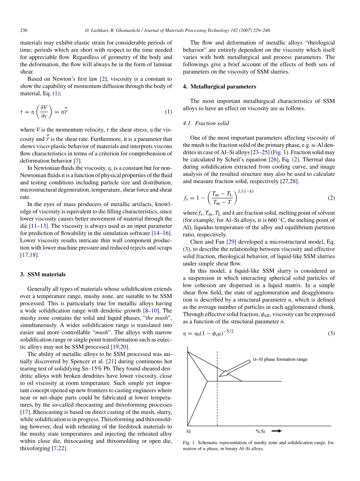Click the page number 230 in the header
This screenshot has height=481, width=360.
(x=24, y=30)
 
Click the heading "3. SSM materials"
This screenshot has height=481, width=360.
(x=42, y=274)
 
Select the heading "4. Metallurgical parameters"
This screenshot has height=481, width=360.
(x=220, y=86)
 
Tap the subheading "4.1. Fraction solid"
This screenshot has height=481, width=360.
(x=206, y=123)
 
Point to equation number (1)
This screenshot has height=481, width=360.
(x=168, y=112)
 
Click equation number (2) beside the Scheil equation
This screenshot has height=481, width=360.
(x=331, y=197)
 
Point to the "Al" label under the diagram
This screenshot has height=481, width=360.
(x=188, y=431)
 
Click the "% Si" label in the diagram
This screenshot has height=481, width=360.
(x=260, y=431)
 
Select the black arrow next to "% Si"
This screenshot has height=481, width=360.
(x=276, y=431)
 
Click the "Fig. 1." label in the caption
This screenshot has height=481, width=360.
(x=189, y=443)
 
